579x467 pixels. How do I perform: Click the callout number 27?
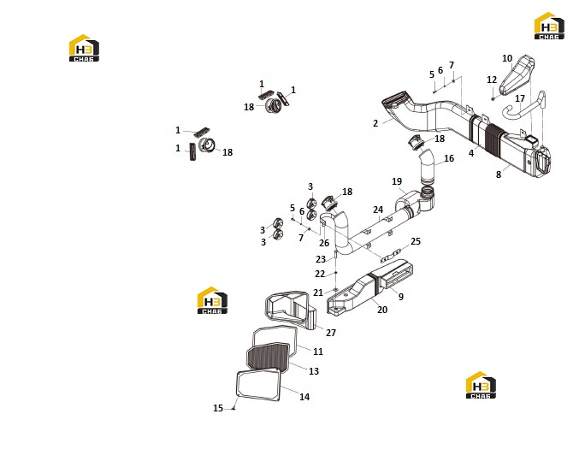[331, 333]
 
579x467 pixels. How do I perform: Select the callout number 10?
[507, 58]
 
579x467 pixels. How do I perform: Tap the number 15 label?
[218, 408]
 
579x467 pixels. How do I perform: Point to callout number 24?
[378, 210]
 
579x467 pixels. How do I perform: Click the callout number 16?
[449, 158]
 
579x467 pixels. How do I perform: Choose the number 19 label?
[397, 181]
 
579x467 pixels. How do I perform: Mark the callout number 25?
[416, 241]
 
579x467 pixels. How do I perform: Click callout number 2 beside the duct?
[375, 123]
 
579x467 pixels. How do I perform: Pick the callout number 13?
[314, 371]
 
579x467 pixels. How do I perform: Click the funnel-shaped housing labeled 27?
[292, 310]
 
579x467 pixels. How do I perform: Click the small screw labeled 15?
[233, 408]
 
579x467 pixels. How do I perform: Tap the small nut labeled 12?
[493, 98]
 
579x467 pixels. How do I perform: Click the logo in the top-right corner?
[549, 26]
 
